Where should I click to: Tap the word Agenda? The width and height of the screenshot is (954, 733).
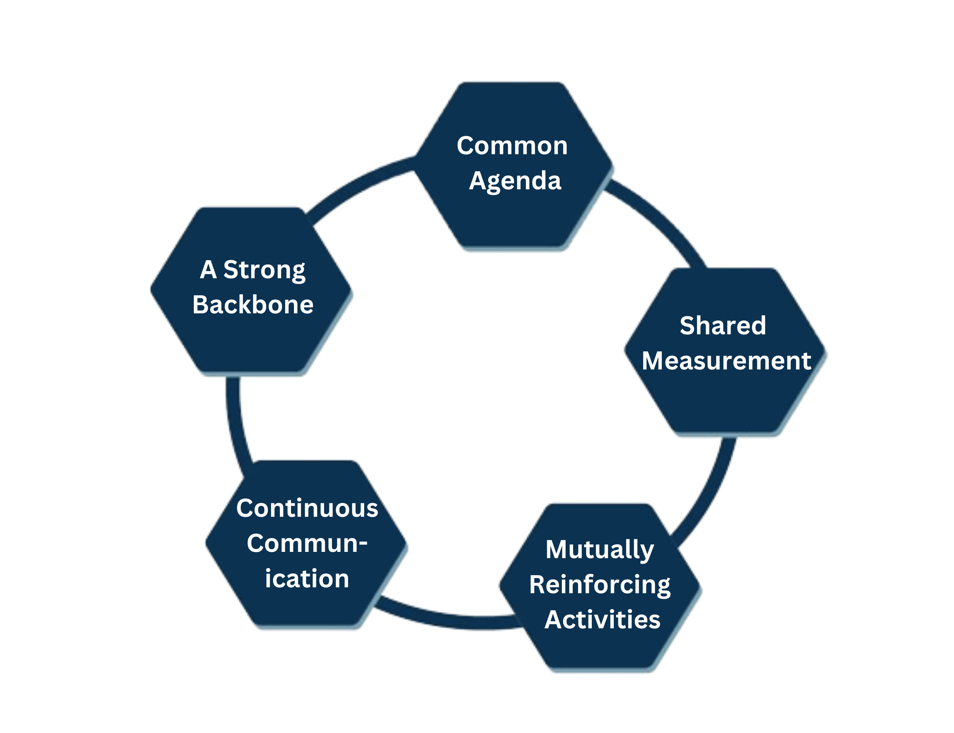515,181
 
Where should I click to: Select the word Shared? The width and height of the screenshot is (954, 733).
722,325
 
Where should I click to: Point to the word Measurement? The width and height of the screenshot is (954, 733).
726,361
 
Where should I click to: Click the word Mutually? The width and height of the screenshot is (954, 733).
599,550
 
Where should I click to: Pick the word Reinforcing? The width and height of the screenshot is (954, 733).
599,585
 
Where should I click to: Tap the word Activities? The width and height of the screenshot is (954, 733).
602,619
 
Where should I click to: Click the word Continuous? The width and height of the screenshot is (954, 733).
307,509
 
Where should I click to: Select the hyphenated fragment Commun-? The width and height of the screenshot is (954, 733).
307,544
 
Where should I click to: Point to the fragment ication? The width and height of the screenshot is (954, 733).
307,579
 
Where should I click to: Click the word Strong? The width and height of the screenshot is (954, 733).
264,270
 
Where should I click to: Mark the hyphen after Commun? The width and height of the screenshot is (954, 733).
363,544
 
